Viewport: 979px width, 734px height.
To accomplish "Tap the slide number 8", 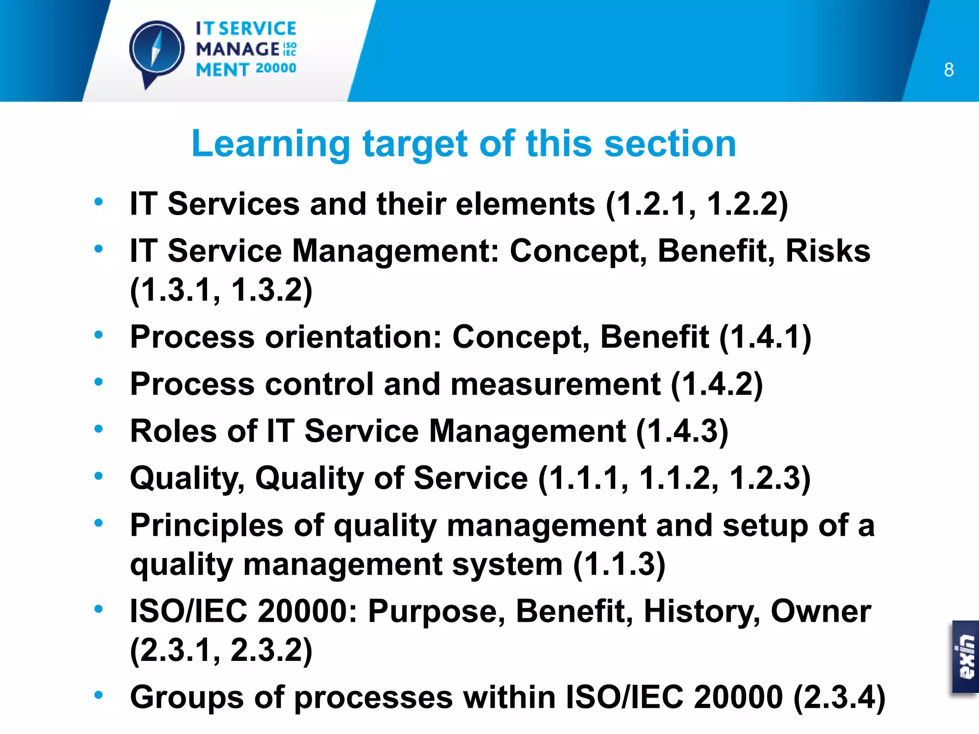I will (x=949, y=70).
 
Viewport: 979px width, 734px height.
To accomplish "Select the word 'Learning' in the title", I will (x=271, y=144).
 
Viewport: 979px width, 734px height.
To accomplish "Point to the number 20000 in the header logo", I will (x=276, y=68).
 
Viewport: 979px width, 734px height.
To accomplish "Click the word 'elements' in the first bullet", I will (x=525, y=204).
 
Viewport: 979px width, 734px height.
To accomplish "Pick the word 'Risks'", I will (x=828, y=251).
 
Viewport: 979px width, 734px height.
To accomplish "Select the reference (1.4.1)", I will (x=765, y=337).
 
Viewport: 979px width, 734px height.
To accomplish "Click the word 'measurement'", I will (x=555, y=384).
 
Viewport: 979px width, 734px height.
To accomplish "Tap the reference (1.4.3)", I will (x=682, y=431).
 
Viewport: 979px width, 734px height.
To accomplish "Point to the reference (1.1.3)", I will (x=619, y=564).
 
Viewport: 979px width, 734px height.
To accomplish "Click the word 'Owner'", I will (x=821, y=611).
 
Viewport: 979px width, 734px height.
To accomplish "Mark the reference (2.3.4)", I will (x=839, y=697).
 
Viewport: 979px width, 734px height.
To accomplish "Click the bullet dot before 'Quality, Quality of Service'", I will (x=98, y=475).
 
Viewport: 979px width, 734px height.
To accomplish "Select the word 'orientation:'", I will (x=353, y=337).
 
